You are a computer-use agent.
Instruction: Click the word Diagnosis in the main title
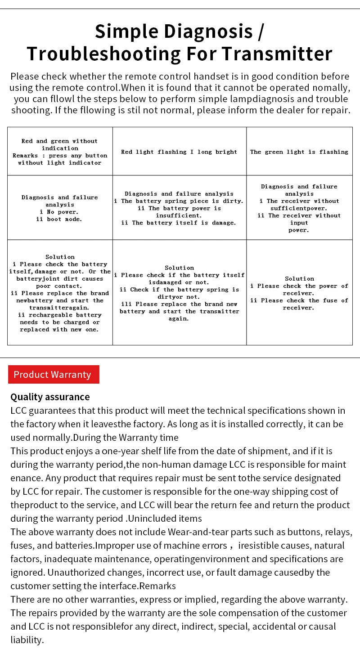208,31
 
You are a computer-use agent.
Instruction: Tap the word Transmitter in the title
277,54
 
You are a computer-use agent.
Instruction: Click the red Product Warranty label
53,375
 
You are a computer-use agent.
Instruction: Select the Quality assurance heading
50,397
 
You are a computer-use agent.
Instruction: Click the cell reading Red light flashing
179,152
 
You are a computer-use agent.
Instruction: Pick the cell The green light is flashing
299,152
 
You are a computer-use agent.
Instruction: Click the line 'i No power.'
59,212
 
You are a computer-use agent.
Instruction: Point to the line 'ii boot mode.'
59,219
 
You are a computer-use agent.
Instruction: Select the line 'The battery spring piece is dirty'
179,201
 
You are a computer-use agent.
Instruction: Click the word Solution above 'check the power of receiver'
299,278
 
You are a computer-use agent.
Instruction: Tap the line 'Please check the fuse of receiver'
299,304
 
